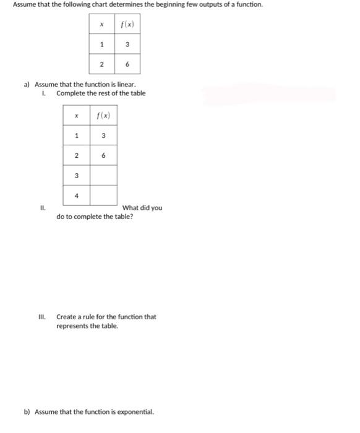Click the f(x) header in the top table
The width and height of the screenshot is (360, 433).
pyautogui.click(x=127, y=25)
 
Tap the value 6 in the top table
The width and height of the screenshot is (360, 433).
pyautogui.click(x=127, y=64)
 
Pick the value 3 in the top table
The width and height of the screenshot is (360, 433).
pyautogui.click(x=127, y=44)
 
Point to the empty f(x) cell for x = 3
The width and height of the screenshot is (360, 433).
pyautogui.click(x=103, y=176)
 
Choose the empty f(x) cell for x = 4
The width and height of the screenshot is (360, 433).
pyautogui.click(x=103, y=195)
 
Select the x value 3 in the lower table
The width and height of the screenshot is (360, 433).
pyautogui.click(x=76, y=176)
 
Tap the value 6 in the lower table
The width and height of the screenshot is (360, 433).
pyautogui.click(x=103, y=156)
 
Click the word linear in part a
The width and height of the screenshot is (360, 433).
pyautogui.click(x=117, y=85)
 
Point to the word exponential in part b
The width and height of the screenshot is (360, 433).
pyautogui.click(x=135, y=411)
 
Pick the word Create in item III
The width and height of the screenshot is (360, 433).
pyautogui.click(x=67, y=317)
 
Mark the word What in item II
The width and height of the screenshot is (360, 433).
pyautogui.click(x=131, y=208)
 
